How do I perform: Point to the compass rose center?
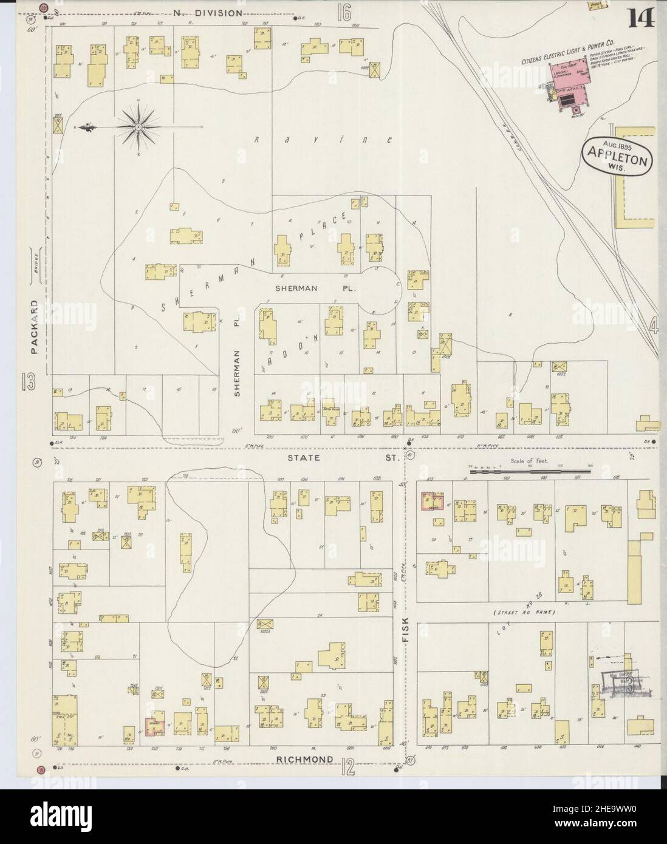pyautogui.click(x=138, y=126)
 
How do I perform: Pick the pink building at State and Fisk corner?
pyautogui.click(x=432, y=502)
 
